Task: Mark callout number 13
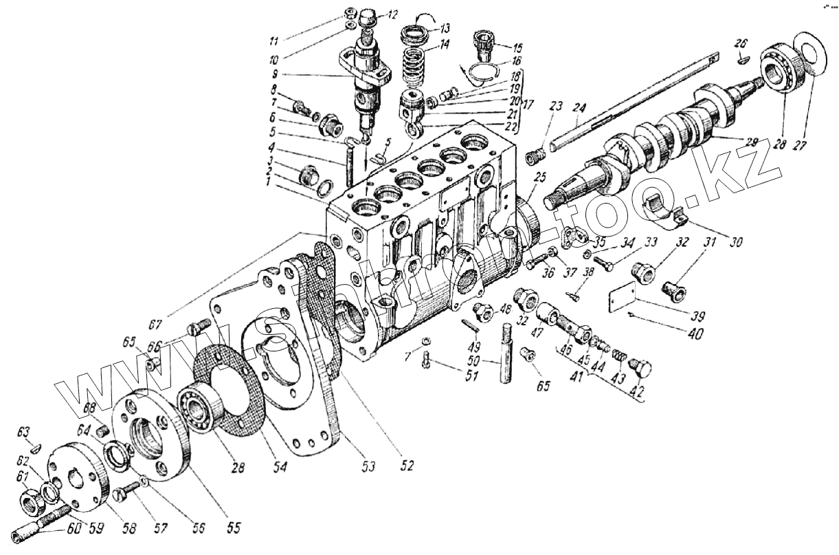click(x=445, y=29)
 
